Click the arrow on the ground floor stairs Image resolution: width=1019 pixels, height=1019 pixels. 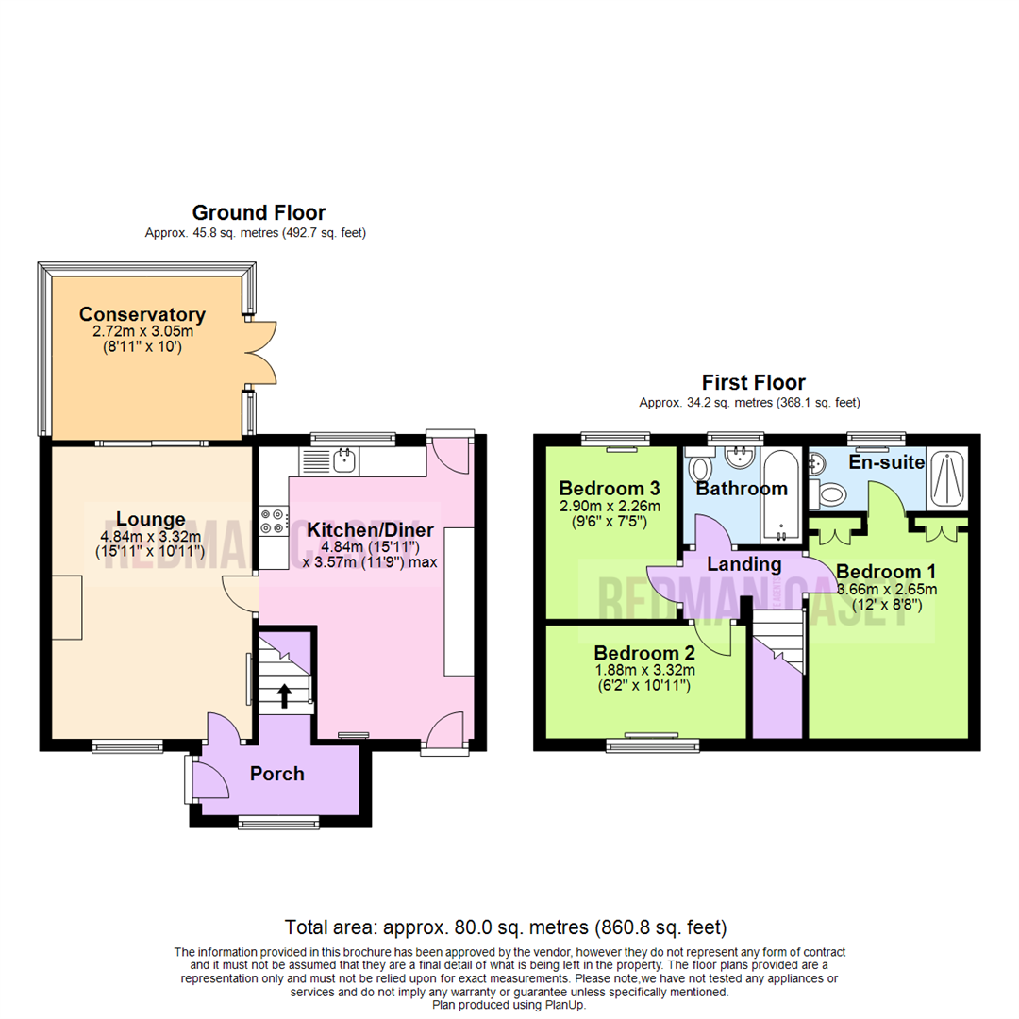click(x=283, y=696)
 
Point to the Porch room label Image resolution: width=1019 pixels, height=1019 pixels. click(x=277, y=775)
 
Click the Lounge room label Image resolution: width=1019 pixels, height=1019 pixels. click(x=150, y=518)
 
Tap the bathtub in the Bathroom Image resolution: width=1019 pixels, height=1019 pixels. click(x=781, y=495)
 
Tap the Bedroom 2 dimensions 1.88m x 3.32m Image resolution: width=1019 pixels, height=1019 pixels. click(x=643, y=671)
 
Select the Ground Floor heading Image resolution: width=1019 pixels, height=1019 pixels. click(x=259, y=212)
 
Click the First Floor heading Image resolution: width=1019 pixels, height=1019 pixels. click(x=753, y=383)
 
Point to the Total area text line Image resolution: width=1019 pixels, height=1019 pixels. click(x=506, y=927)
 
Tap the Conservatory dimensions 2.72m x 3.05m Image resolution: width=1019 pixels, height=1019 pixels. click(x=142, y=333)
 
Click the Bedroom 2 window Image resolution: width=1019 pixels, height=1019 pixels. click(x=653, y=743)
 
